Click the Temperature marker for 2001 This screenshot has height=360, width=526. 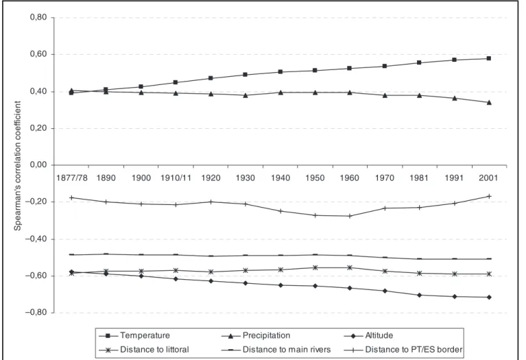(489, 58)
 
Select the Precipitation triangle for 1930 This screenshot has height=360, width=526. (246, 95)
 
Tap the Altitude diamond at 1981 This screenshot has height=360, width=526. (419, 295)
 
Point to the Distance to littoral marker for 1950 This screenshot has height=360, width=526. (315, 267)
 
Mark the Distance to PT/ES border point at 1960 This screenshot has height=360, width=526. (350, 216)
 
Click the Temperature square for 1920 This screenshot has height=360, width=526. (211, 78)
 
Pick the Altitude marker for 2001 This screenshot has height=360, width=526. (489, 297)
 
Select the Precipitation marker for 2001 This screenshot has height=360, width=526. (489, 102)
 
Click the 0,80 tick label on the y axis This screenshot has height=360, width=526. (38, 17)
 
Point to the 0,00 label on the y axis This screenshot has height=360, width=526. (38, 165)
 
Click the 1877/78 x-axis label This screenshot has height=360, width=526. (72, 178)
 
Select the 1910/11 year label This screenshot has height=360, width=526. (176, 178)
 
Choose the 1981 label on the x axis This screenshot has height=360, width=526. (419, 178)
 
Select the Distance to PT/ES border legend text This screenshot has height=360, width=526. (414, 350)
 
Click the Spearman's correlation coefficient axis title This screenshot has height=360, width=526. (17, 166)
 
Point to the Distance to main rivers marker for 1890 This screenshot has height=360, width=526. (106, 254)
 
